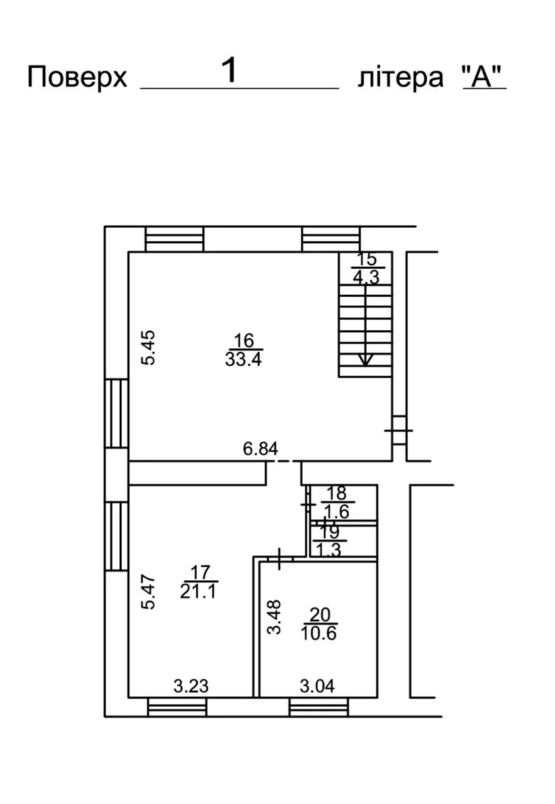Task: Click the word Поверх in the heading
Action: click(77, 78)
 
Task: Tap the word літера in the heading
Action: click(400, 78)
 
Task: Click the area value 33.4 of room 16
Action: click(243, 358)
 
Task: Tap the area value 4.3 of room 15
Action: click(366, 277)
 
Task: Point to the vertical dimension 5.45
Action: click(148, 348)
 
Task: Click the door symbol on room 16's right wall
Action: click(398, 430)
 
